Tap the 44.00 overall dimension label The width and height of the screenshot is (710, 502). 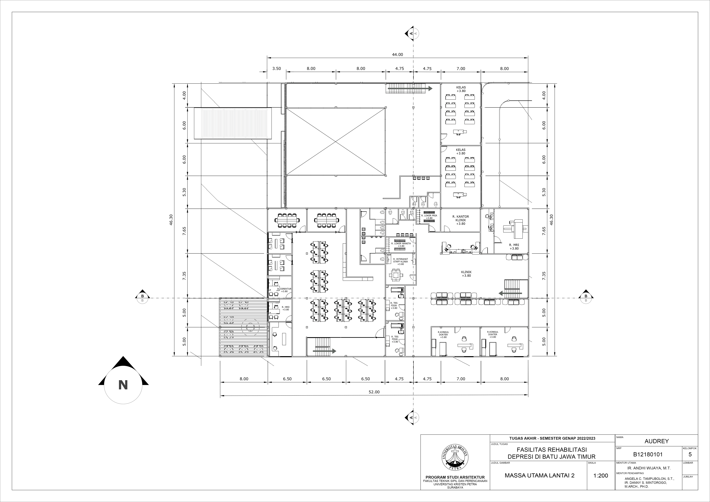[x=398, y=54]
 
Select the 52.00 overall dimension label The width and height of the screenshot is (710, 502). [x=374, y=392]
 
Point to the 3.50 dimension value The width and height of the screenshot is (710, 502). [x=276, y=68]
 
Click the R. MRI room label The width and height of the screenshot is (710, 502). [x=514, y=246]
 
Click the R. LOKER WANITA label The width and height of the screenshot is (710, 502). [x=401, y=244]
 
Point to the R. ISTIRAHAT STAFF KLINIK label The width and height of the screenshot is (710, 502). [x=400, y=261]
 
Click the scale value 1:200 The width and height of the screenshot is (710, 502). [x=601, y=475]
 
